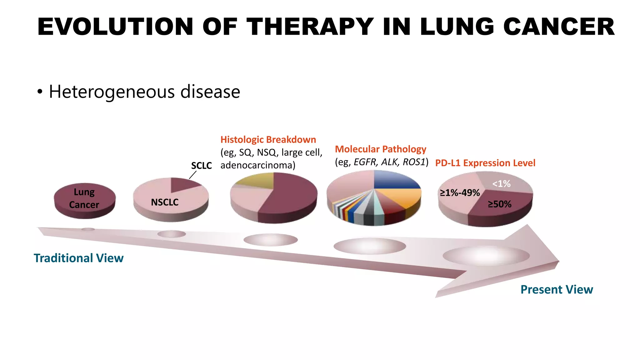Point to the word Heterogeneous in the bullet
pyautogui.click(x=112, y=92)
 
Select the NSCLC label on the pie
pyautogui.click(x=165, y=202)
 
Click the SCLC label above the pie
pyautogui.click(x=201, y=166)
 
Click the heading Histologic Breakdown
pyautogui.click(x=268, y=140)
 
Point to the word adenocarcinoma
pyautogui.click(x=257, y=165)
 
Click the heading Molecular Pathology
pyautogui.click(x=380, y=149)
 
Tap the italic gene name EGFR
pyautogui.click(x=365, y=162)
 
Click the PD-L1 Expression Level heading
pyautogui.click(x=485, y=163)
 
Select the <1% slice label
pyautogui.click(x=501, y=184)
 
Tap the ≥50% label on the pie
pyautogui.click(x=499, y=204)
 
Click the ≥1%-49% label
pyautogui.click(x=460, y=193)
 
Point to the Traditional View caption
pyautogui.click(x=78, y=258)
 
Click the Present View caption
pyautogui.click(x=557, y=290)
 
